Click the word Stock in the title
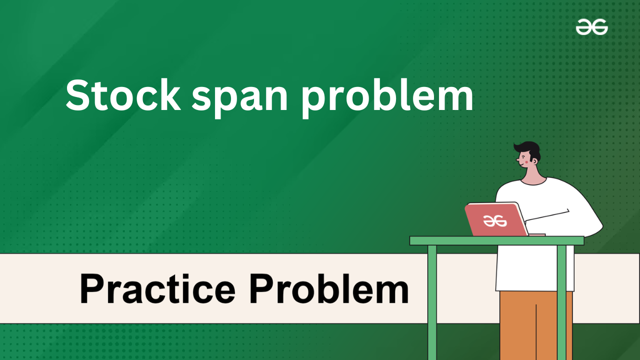(123, 95)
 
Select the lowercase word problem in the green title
(387, 97)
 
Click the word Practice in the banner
(157, 288)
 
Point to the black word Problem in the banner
(329, 288)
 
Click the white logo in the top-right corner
(591, 27)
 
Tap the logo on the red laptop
(495, 221)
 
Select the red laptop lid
(496, 219)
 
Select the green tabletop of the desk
(497, 240)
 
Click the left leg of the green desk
(432, 302)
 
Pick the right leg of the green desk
(561, 302)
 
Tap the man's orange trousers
(536, 325)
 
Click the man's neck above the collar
(533, 175)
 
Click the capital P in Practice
(92, 288)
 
